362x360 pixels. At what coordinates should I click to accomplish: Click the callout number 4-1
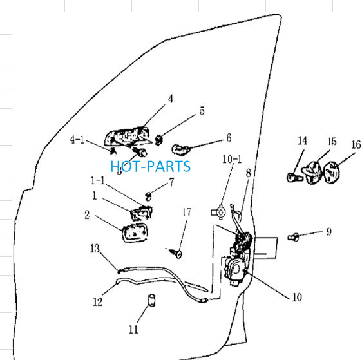click(77, 140)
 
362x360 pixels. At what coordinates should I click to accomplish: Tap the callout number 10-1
click(232, 159)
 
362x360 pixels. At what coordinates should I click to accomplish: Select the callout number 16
click(356, 145)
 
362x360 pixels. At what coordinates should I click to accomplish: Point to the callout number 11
click(133, 329)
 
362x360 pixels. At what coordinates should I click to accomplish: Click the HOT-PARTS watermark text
click(151, 166)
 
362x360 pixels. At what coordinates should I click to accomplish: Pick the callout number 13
click(95, 249)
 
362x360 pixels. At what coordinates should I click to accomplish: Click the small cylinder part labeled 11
click(151, 301)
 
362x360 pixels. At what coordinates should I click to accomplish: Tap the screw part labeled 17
click(177, 253)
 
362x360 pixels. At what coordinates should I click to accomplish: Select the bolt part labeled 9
click(294, 237)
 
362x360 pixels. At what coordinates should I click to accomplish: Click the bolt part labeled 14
click(294, 177)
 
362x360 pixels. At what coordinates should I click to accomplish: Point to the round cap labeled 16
click(332, 173)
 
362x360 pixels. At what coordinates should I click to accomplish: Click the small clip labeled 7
click(149, 196)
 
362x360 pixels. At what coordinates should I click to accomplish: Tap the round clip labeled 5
click(159, 140)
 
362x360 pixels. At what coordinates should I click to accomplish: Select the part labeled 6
click(181, 149)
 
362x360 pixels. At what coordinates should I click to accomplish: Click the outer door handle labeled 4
click(128, 137)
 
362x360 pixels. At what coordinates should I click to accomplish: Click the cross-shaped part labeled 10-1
click(218, 213)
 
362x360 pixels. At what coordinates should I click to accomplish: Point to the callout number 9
click(329, 231)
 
